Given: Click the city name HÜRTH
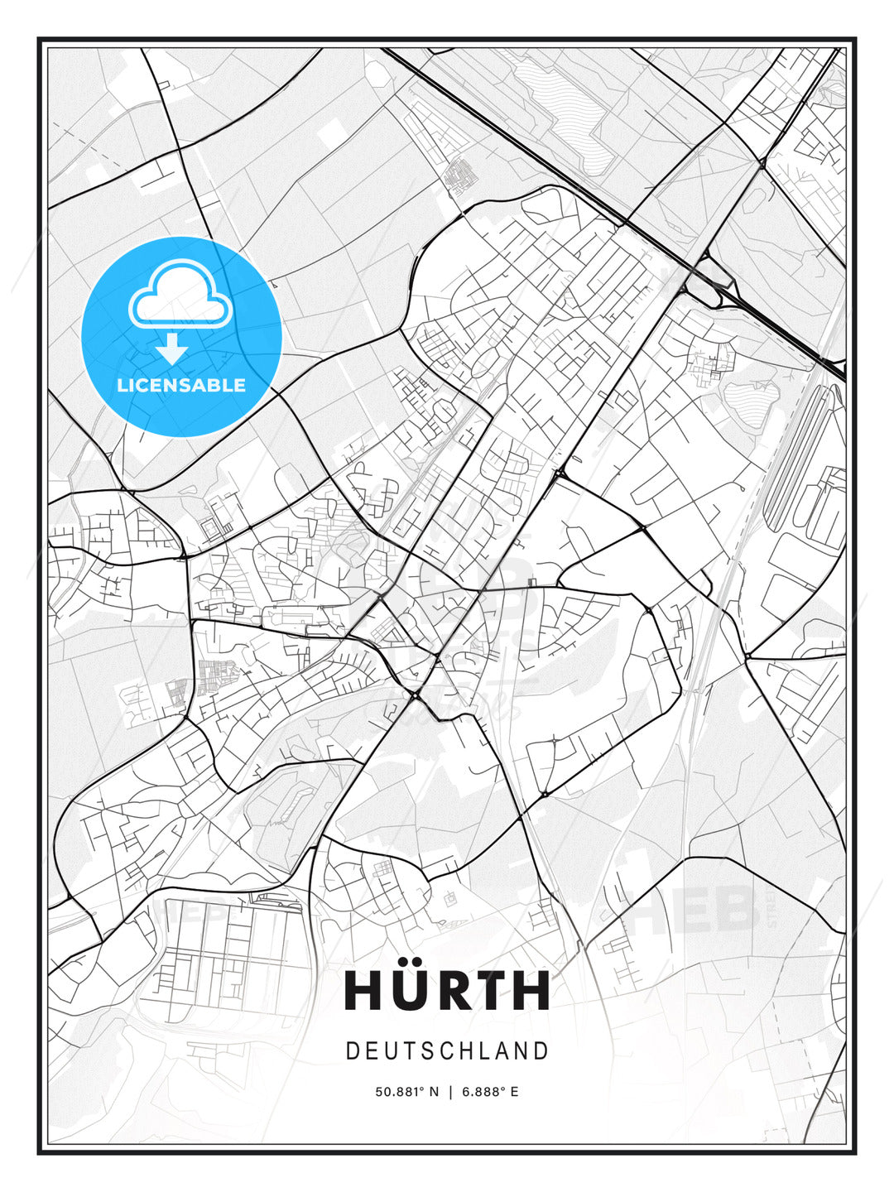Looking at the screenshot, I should [447, 990].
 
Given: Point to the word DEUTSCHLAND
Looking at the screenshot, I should [447, 1051].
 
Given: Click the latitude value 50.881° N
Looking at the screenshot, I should [407, 1092].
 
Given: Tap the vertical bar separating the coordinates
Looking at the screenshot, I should [450, 1092].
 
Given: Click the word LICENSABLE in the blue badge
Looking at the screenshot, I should [181, 385].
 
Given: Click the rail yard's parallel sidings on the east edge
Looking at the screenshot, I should [795, 455].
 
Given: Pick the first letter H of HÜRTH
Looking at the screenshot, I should [364, 991].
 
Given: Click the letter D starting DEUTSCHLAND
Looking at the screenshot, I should [352, 1051].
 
